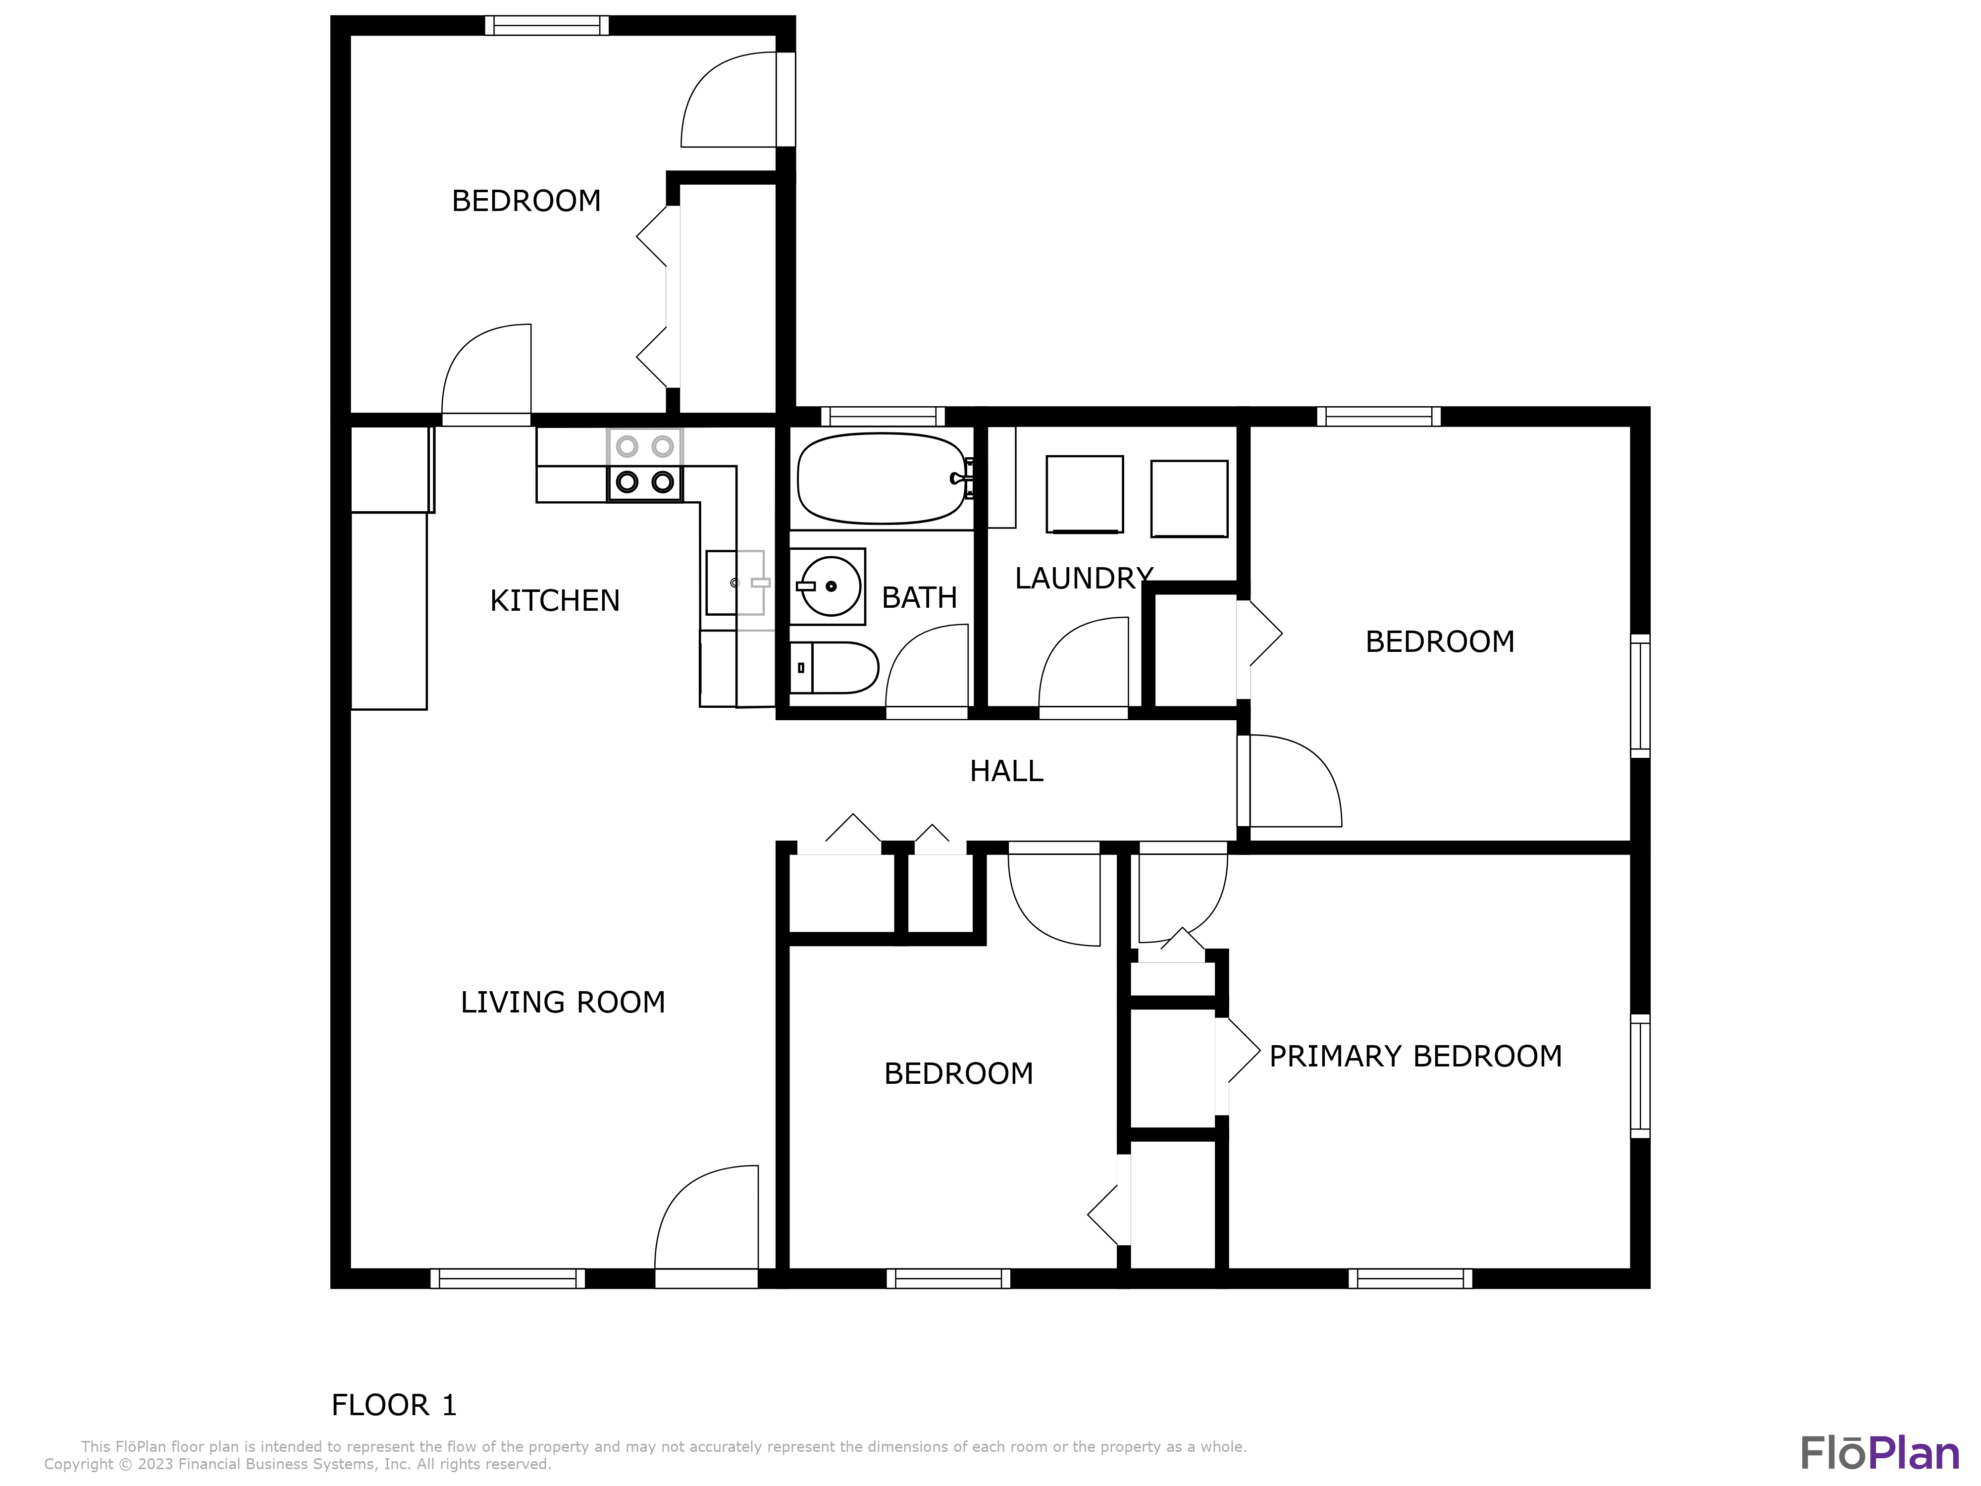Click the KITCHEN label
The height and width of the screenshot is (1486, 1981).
[554, 600]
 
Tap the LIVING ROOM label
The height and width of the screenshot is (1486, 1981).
[563, 1002]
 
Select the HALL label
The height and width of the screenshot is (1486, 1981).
[1006, 771]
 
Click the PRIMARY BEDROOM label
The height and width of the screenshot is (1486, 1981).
[1415, 1056]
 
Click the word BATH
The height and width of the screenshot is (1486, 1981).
[919, 597]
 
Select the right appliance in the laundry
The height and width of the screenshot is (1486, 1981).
[1189, 498]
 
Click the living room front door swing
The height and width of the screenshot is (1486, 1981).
[708, 1218]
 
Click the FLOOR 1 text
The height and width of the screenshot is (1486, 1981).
[394, 1404]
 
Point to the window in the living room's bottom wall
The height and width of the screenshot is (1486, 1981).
[507, 1278]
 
